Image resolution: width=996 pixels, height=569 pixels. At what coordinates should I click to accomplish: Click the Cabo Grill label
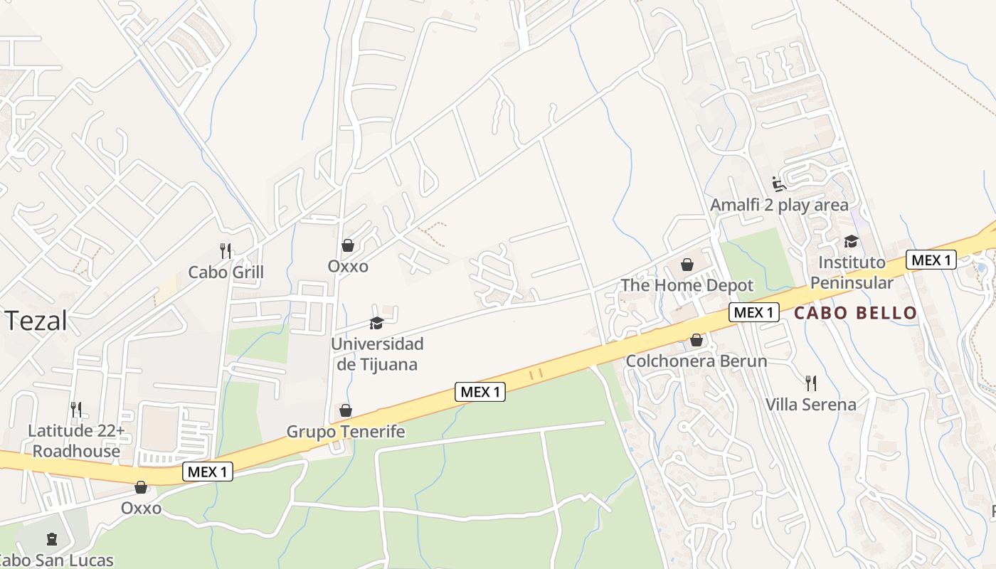(x=226, y=272)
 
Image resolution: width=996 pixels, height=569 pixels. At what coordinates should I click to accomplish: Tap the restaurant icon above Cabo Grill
(x=226, y=250)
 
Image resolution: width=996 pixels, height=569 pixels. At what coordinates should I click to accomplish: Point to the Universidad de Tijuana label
(x=377, y=354)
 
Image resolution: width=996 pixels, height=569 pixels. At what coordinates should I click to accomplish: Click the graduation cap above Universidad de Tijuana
(x=376, y=324)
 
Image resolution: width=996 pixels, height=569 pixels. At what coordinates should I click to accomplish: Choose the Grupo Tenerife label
(x=346, y=432)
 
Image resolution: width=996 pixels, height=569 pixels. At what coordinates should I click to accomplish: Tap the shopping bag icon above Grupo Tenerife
(x=346, y=410)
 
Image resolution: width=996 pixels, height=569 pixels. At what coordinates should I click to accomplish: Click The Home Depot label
(x=687, y=285)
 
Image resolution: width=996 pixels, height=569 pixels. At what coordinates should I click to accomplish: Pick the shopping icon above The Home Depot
(x=687, y=265)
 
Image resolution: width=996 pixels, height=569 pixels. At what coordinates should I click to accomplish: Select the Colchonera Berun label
(x=696, y=361)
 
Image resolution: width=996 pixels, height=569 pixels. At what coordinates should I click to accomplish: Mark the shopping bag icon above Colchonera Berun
(x=696, y=341)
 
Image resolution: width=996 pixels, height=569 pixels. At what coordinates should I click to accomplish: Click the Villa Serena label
(x=810, y=405)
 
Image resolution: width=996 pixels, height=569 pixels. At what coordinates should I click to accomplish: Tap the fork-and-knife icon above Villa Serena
(x=810, y=383)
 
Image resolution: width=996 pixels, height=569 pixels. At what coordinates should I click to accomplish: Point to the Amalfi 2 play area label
(x=779, y=206)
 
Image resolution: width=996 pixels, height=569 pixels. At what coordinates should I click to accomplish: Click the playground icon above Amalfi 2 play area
(x=779, y=184)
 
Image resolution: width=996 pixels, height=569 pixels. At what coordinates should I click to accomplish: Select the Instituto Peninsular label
(x=852, y=272)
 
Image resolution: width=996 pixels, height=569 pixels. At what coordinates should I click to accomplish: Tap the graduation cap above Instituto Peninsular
(x=851, y=242)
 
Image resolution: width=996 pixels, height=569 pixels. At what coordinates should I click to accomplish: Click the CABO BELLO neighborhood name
(x=855, y=313)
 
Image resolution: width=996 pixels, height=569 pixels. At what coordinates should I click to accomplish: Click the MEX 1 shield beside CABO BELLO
(x=753, y=312)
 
